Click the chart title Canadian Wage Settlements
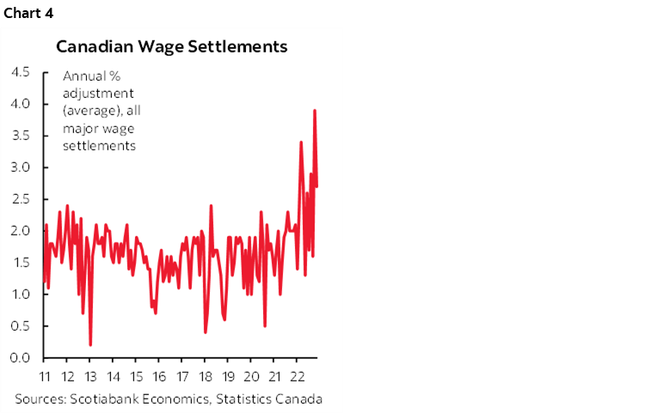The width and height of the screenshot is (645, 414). (x=172, y=46)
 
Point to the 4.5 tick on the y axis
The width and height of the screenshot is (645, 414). (x=20, y=71)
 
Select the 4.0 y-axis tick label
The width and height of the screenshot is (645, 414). (x=20, y=103)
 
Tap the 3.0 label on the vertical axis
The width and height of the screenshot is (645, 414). (x=20, y=167)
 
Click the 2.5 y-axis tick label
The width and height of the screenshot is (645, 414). (x=20, y=198)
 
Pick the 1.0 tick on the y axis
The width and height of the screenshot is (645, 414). (x=20, y=294)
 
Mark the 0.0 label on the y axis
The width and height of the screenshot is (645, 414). (x=20, y=357)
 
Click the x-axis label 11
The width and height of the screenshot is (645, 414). (x=44, y=376)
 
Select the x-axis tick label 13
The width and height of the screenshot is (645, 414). (x=90, y=376)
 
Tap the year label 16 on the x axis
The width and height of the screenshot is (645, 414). (x=159, y=376)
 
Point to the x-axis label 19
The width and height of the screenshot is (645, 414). (x=229, y=376)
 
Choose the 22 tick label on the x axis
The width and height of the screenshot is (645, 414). (x=298, y=376)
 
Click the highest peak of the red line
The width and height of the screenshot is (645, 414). (x=315, y=110)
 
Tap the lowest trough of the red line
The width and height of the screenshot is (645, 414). (x=90, y=344)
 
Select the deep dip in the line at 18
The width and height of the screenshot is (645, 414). (x=206, y=332)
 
